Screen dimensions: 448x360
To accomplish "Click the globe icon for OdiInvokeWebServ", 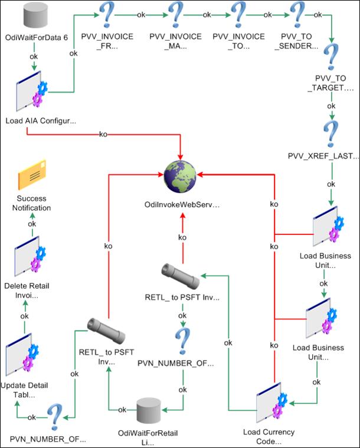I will pyautogui.click(x=181, y=177).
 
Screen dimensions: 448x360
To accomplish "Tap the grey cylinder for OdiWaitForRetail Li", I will pyautogui.click(x=153, y=411).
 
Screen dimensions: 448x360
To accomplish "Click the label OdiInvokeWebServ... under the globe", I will pyautogui.click(x=182, y=204).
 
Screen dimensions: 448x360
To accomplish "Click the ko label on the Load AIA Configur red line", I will pyautogui.click(x=103, y=134).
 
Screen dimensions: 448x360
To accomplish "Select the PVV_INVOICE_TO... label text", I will pyautogui.click(x=238, y=41).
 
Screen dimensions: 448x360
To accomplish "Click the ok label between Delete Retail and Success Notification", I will pyautogui.click(x=32, y=224).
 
